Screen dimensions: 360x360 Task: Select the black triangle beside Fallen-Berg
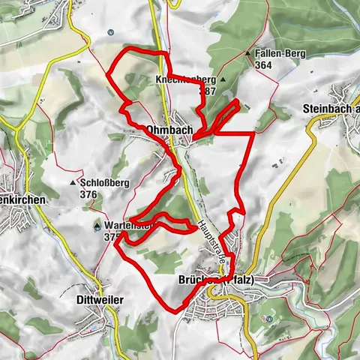pos(247,54)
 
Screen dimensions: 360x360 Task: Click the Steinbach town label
pos(331,109)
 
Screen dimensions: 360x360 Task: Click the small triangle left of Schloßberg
pos(73,182)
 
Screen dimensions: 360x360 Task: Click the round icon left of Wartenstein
pos(97,225)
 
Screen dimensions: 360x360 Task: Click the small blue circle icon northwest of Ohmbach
pos(110,31)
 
